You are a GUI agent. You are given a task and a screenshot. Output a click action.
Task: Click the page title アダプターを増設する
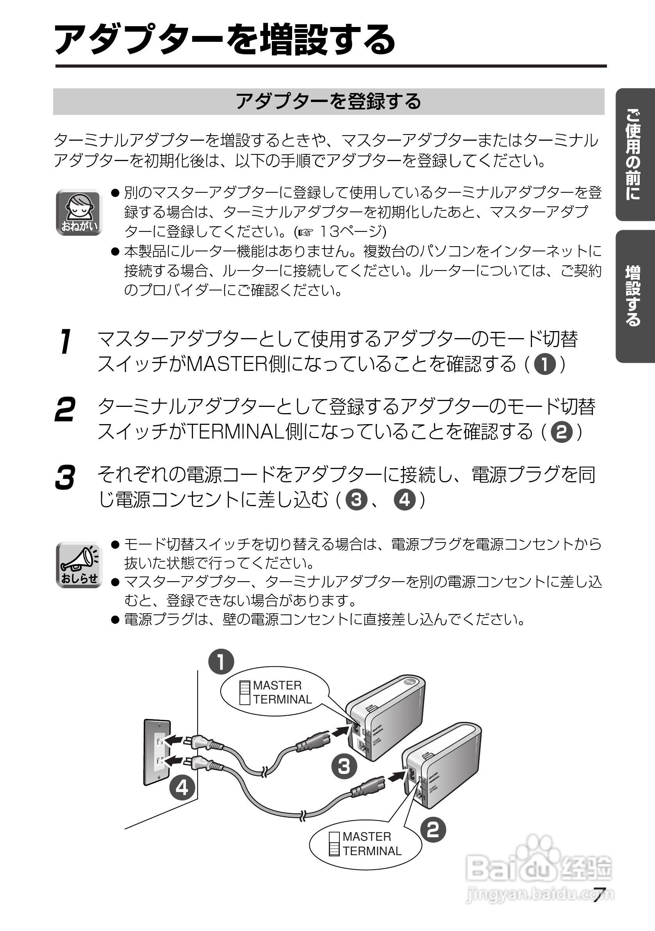225,40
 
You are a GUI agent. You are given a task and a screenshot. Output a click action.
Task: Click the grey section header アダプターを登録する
328,101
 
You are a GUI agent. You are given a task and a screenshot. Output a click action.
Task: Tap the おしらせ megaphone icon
79,564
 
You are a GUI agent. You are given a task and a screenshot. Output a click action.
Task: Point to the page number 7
599,895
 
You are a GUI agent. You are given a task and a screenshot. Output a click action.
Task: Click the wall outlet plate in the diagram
157,752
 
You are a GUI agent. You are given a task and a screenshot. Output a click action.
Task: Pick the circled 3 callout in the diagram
344,766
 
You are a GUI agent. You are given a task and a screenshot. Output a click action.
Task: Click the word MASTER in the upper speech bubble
277,685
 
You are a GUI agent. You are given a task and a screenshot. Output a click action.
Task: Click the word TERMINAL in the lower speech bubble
372,851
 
